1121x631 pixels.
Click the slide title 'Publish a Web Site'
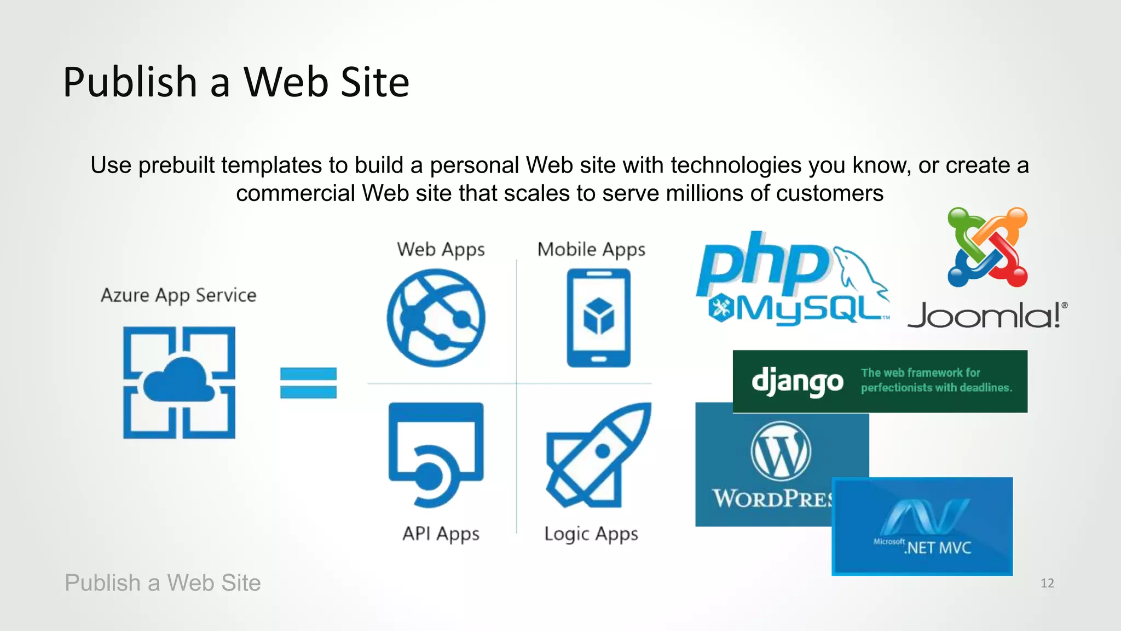pos(236,82)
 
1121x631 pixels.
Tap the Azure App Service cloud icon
pos(179,382)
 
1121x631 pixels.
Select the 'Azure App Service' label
pos(178,295)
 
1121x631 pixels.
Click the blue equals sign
pos(308,382)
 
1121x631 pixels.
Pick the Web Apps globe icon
pos(436,318)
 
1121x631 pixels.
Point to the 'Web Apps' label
pos(441,250)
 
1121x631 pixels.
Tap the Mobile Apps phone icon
pos(598,318)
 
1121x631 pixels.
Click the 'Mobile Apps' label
pos(591,250)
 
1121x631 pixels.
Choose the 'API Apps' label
pos(441,534)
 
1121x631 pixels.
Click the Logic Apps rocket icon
pos(598,455)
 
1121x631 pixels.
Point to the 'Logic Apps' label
pos(591,534)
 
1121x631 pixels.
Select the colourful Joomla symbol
pos(987,247)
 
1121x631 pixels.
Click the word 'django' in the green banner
pos(797,381)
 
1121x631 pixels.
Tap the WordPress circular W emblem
pos(781,450)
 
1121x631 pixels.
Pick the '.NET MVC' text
pos(938,548)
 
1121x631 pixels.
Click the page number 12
pos(1047,583)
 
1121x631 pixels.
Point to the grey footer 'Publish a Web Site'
pos(163,583)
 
